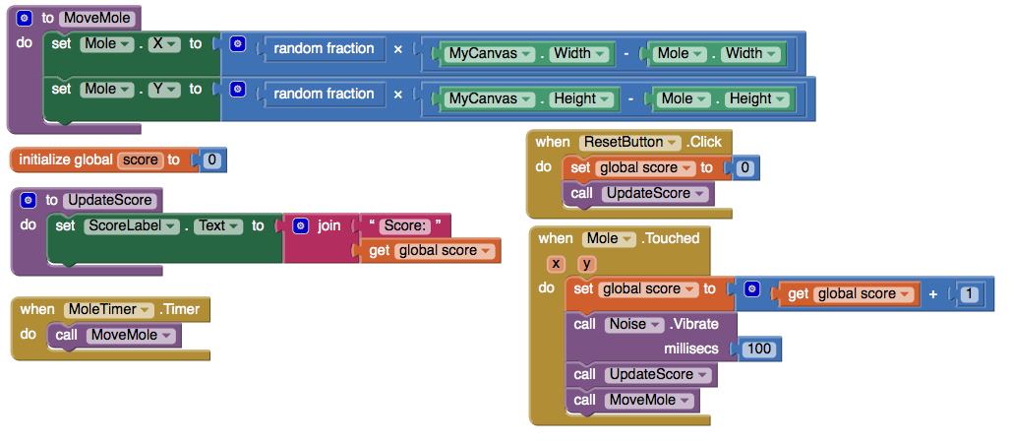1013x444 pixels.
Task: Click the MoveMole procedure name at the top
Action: coord(98,18)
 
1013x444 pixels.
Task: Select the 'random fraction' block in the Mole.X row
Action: coord(323,48)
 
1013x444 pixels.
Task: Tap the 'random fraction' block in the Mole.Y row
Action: coord(323,94)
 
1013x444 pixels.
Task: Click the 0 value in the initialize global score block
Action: coord(211,159)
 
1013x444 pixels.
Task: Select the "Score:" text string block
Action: coord(405,225)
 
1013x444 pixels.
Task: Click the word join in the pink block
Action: coord(328,225)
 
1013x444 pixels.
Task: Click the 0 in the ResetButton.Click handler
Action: coord(745,168)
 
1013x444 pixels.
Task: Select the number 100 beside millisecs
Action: coord(758,349)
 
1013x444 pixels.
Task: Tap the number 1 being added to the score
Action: coord(970,293)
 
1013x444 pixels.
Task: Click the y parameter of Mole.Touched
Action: coord(586,264)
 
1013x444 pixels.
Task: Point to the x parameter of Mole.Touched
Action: coord(556,264)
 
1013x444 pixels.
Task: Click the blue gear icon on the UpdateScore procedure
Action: coord(29,200)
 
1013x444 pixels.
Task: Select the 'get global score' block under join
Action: coord(433,251)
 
